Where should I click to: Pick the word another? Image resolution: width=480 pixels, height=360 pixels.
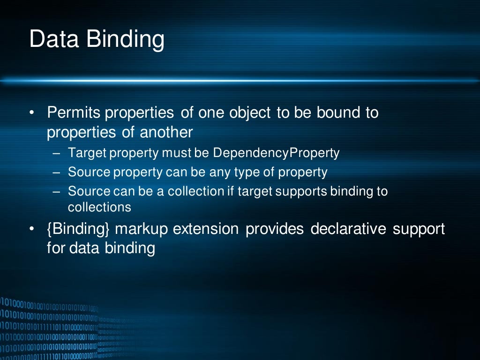click(166, 132)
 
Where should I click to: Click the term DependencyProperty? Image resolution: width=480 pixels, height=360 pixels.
click(276, 153)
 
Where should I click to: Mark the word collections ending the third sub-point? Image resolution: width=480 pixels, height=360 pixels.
click(99, 207)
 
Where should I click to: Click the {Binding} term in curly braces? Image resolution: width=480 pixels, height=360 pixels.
click(78, 230)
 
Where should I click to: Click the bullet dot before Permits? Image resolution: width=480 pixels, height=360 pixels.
click(31, 113)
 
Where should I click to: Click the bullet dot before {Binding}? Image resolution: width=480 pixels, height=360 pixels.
click(31, 230)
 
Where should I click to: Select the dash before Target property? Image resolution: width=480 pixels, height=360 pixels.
click(57, 153)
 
